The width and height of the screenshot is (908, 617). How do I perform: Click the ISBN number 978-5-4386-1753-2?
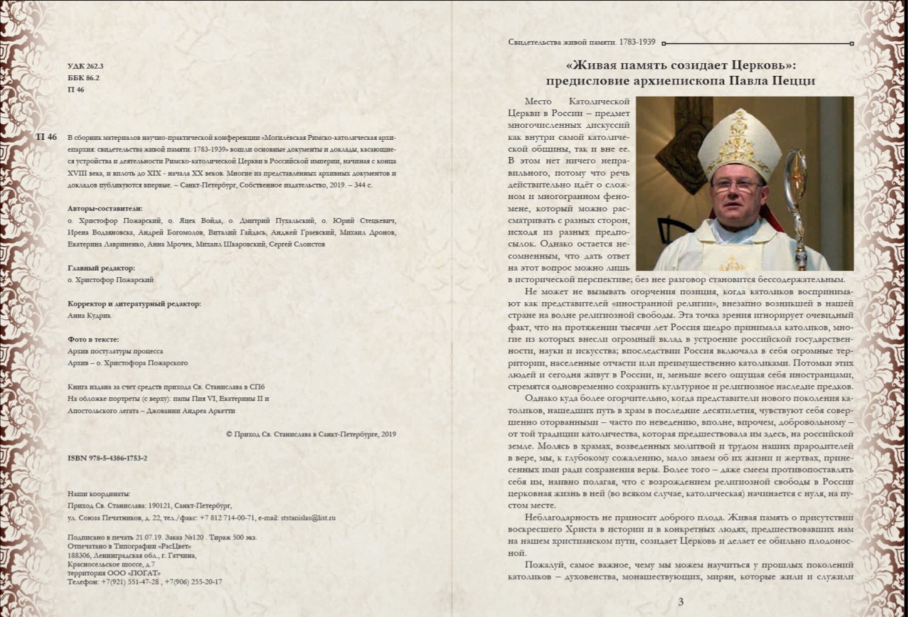tap(107, 458)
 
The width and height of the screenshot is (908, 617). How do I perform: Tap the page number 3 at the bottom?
tap(681, 602)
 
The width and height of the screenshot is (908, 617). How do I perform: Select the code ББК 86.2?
tap(84, 78)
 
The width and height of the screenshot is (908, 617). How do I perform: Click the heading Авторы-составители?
tap(105, 209)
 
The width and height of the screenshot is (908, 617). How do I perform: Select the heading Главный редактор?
tap(101, 268)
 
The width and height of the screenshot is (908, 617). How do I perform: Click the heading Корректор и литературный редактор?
tap(134, 304)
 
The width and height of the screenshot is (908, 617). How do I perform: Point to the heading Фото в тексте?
tap(93, 339)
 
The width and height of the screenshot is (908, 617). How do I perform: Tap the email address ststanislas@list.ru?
tap(308, 518)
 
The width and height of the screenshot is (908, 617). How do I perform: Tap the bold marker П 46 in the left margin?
tap(46, 137)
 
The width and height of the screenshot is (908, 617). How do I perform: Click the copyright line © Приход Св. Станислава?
tap(310, 434)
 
